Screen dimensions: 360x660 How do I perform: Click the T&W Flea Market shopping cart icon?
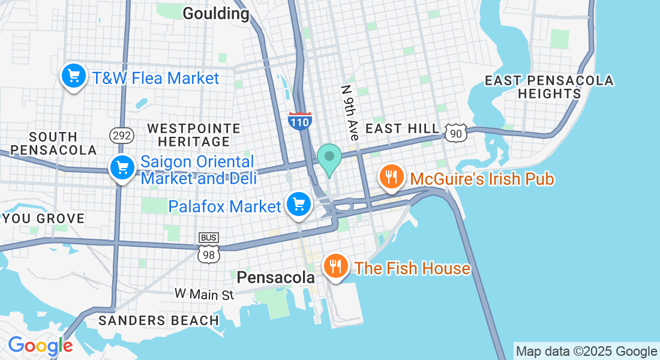tap(74, 77)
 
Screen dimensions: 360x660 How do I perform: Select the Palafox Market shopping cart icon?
tap(299, 205)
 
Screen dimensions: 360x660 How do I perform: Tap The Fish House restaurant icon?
tap(335, 266)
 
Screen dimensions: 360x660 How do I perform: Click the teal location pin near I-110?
tap(329, 158)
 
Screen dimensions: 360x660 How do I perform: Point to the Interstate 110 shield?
tap(299, 121)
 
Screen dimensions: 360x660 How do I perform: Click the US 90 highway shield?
tap(457, 133)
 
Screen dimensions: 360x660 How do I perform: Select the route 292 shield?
tap(121, 135)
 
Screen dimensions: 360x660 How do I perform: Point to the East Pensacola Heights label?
tap(549, 87)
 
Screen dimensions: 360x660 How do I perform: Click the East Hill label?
tap(401, 129)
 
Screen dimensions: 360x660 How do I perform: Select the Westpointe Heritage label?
tap(194, 135)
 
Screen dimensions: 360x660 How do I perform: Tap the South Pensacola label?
tap(53, 143)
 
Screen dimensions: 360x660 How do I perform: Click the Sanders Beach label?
tap(158, 320)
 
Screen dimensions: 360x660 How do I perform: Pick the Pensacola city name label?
tap(275, 277)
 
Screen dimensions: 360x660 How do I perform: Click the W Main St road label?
tap(204, 294)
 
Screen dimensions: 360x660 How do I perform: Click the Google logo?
tap(40, 346)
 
